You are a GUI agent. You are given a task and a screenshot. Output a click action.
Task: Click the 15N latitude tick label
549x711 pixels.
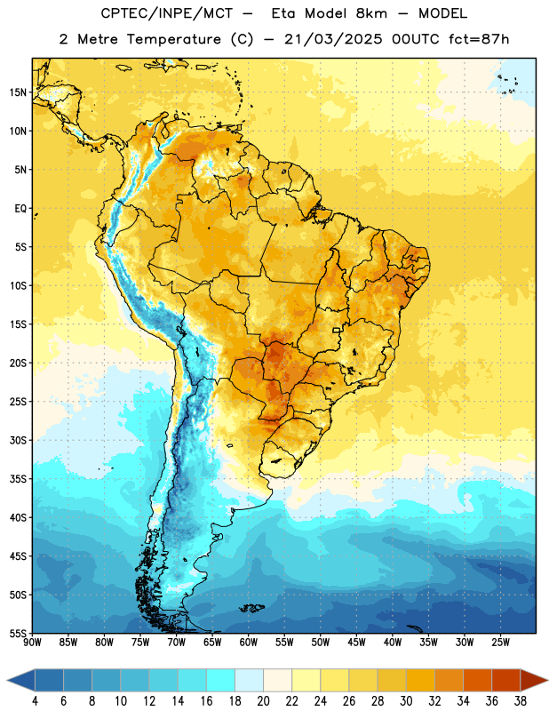tap(18, 92)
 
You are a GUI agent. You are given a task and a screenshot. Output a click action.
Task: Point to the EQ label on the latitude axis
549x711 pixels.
tap(20, 209)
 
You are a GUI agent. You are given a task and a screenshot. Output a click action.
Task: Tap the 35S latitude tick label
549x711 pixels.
tap(18, 479)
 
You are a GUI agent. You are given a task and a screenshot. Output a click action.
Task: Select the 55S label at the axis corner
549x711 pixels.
tap(18, 633)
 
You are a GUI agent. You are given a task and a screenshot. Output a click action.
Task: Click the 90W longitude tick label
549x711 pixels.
tap(33, 642)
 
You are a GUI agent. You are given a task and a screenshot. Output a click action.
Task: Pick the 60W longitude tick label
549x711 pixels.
tap(249, 642)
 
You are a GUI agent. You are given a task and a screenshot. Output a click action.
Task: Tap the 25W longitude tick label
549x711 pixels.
tap(500, 642)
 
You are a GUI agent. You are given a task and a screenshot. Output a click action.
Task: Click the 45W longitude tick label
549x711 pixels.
tap(356, 642)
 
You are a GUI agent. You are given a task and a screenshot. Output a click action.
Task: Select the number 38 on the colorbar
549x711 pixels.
tap(520, 701)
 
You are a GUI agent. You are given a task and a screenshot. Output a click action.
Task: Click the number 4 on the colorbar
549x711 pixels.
tap(35, 701)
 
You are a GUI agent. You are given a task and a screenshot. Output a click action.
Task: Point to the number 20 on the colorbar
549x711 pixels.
tap(263, 701)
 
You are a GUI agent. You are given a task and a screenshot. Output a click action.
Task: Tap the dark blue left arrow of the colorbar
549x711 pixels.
tap(20, 680)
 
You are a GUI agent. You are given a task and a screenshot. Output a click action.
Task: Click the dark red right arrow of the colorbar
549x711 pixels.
tap(534, 680)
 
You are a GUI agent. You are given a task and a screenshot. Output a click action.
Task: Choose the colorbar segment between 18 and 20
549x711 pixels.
tap(249, 680)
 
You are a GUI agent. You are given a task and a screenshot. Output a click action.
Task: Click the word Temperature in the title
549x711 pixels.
tap(173, 39)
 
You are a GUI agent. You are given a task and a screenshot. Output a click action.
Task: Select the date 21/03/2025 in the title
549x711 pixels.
tap(333, 39)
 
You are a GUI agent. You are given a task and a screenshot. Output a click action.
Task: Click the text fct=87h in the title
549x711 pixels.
tap(479, 39)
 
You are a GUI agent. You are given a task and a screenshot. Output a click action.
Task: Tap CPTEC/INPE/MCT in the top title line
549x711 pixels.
tap(166, 13)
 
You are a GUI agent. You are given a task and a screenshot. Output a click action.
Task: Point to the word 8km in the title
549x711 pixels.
tap(371, 13)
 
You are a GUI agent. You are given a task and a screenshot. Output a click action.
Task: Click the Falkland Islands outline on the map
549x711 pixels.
tap(252, 608)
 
